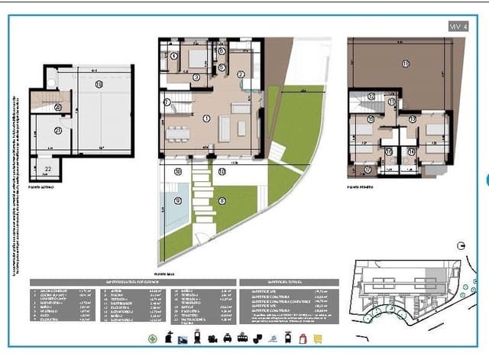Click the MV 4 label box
458,26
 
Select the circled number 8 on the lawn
222,201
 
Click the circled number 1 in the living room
206,118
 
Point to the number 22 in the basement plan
47,169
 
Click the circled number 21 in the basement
59,131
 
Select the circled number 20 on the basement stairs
59,108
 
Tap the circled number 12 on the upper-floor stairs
371,96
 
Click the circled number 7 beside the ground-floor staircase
167,102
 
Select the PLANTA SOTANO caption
44,186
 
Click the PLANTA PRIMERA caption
362,186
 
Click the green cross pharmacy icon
152,337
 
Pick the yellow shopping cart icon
318,337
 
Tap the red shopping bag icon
303,337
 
